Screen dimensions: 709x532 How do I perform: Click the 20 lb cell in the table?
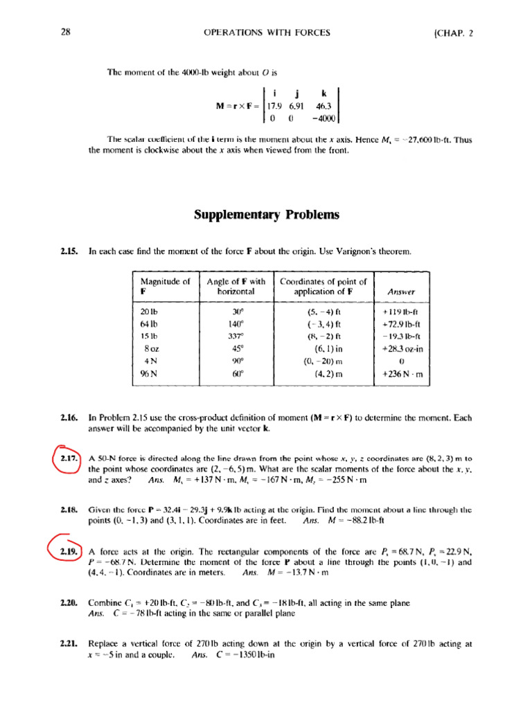point(150,312)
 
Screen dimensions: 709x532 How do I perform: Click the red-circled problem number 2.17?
point(68,458)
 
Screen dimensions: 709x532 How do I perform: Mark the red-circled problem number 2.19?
point(68,551)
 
